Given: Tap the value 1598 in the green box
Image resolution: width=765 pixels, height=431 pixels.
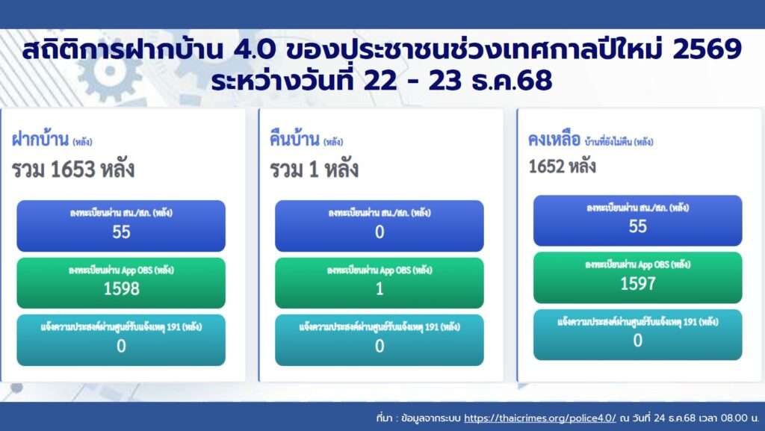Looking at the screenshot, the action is pos(122,289).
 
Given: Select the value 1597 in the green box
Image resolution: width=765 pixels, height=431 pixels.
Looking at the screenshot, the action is pos(638,284).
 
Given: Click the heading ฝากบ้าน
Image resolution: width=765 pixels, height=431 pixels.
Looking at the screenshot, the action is pos(40,139).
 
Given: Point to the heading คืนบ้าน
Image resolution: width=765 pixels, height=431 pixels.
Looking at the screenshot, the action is pos(294,139).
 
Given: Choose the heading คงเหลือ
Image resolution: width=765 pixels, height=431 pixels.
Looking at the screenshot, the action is pos(554,140).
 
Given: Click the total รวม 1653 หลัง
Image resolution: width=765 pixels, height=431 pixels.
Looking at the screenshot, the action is pos(73,170).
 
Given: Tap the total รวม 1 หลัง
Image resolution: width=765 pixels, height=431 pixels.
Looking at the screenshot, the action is pos(315,170).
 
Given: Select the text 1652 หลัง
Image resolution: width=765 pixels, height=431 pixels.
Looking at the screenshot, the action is pos(562,167).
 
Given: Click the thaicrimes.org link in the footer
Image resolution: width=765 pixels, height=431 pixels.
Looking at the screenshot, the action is pos(540,418).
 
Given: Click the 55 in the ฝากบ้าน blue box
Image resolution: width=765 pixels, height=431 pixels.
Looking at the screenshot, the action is pos(122,232).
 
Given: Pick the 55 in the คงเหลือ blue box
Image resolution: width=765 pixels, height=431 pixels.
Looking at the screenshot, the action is pos(638,227).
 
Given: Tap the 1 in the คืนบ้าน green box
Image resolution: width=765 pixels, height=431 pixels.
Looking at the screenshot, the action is pos(380,289).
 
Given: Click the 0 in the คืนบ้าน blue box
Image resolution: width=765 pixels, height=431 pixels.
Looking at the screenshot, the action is pos(380,232).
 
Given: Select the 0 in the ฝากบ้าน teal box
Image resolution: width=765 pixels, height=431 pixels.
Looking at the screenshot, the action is pos(122,346).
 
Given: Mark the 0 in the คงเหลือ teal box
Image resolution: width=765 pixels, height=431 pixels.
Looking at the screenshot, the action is pos(638,341).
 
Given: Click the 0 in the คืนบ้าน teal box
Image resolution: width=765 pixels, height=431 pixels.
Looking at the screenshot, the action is pos(380,346).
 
